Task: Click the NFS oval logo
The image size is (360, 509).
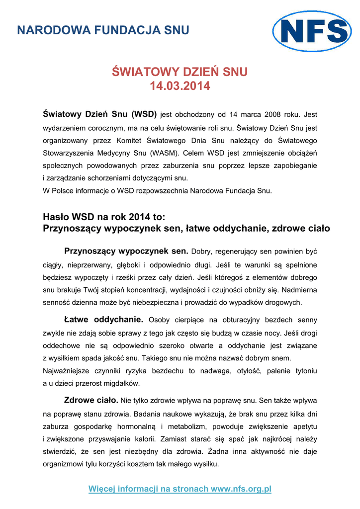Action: (x=312, y=31)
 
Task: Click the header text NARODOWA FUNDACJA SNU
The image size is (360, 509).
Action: (x=103, y=30)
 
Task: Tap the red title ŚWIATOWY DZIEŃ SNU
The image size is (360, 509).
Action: (x=180, y=73)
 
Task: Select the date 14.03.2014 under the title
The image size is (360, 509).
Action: (x=180, y=86)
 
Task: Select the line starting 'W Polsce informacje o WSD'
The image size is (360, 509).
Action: (x=158, y=191)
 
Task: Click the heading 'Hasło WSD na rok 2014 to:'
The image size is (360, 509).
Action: (x=104, y=217)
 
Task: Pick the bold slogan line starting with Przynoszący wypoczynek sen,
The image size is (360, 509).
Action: (x=186, y=229)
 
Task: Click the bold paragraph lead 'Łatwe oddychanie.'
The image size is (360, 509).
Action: (x=104, y=319)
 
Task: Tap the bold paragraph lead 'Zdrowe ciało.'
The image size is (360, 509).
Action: (x=91, y=400)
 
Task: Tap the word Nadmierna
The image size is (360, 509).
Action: (x=299, y=289)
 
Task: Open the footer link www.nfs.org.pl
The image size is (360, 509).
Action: (x=241, y=489)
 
